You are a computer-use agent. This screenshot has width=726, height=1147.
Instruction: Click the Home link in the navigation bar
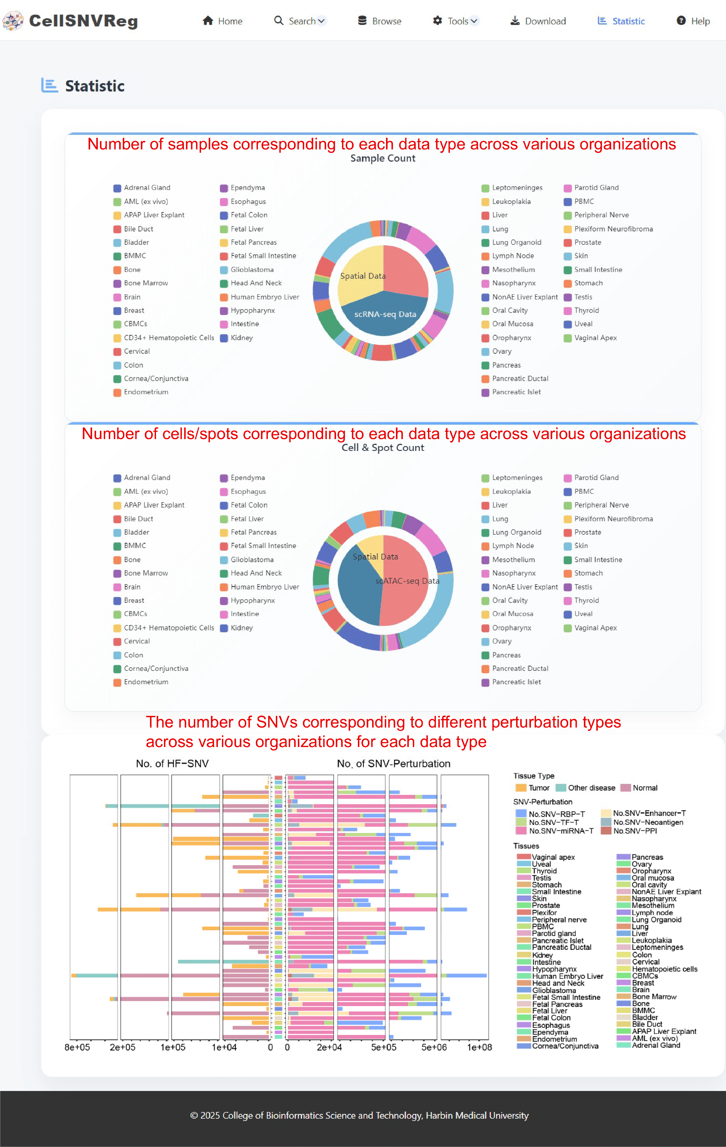pyautogui.click(x=222, y=21)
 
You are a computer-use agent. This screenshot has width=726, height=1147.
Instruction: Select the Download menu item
pyautogui.click(x=538, y=21)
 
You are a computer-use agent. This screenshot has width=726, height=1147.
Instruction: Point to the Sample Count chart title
pyautogui.click(x=382, y=158)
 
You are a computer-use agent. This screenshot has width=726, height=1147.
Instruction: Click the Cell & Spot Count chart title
pyautogui.click(x=382, y=448)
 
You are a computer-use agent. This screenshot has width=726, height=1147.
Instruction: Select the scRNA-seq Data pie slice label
pyautogui.click(x=385, y=314)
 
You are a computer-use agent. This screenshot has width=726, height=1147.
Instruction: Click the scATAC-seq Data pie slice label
pyautogui.click(x=407, y=581)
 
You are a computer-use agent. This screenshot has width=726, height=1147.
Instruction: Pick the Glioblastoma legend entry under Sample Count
pyautogui.click(x=247, y=270)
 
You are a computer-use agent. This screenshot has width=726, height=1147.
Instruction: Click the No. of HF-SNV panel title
pyautogui.click(x=172, y=764)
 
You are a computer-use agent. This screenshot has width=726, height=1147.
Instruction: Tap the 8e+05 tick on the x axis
pyautogui.click(x=77, y=1047)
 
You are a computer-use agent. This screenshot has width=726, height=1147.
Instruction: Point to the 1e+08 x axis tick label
pyautogui.click(x=479, y=1047)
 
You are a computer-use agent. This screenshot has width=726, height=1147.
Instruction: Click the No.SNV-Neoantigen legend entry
pyautogui.click(x=642, y=822)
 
